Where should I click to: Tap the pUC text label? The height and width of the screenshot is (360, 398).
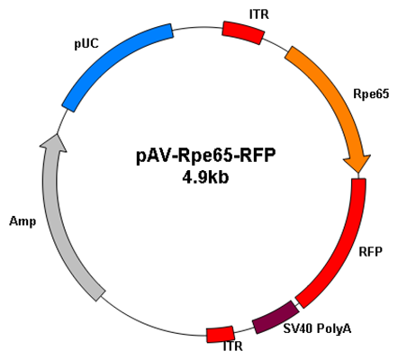click(x=86, y=44)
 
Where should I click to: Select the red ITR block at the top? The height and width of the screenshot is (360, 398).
click(x=243, y=32)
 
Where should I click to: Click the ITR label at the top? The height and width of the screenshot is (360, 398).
click(x=259, y=14)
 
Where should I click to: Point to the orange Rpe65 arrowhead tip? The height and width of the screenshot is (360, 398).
click(x=358, y=173)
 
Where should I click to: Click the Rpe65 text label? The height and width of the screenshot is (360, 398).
click(x=371, y=94)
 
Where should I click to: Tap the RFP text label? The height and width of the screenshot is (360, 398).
click(x=371, y=252)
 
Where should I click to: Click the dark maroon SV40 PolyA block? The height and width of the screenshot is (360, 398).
click(x=276, y=317)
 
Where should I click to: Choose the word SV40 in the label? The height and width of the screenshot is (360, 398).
click(x=295, y=328)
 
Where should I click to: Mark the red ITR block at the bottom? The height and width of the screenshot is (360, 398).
click(x=221, y=334)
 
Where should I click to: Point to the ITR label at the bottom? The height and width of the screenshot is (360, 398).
click(x=232, y=346)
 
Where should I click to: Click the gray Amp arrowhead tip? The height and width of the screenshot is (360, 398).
click(x=57, y=134)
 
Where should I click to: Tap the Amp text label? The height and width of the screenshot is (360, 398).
click(x=23, y=221)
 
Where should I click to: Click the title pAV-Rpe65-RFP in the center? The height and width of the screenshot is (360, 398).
click(x=205, y=157)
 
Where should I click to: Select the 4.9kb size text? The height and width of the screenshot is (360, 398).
click(x=205, y=177)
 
